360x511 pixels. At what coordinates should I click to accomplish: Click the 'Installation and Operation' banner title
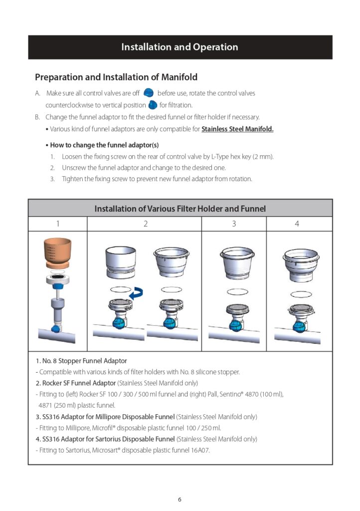click(180, 47)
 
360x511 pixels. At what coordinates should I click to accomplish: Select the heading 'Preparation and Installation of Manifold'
click(116, 77)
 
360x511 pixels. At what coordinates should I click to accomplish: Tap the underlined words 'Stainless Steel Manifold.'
click(237, 129)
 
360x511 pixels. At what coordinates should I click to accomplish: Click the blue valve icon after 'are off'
click(148, 93)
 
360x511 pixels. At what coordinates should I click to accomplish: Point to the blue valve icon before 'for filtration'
click(153, 105)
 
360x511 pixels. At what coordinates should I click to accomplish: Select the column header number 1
click(57, 224)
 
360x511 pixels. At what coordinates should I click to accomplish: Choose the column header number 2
click(145, 224)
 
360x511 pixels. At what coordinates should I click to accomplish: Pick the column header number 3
click(234, 224)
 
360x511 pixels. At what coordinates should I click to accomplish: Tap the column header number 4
click(297, 224)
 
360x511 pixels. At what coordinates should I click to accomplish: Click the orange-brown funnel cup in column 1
click(57, 254)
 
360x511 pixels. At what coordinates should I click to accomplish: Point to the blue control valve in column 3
click(234, 324)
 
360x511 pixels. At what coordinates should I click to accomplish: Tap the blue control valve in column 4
click(299, 326)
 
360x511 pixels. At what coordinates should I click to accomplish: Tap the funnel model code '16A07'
click(201, 450)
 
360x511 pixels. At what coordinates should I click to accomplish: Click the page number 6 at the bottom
click(180, 499)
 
